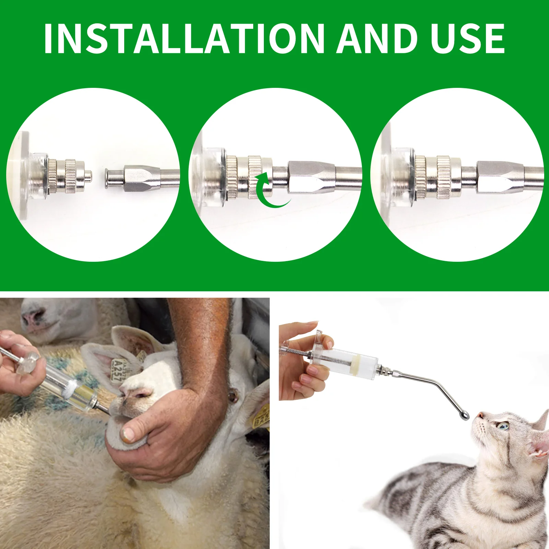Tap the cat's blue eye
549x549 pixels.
click(x=503, y=427)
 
